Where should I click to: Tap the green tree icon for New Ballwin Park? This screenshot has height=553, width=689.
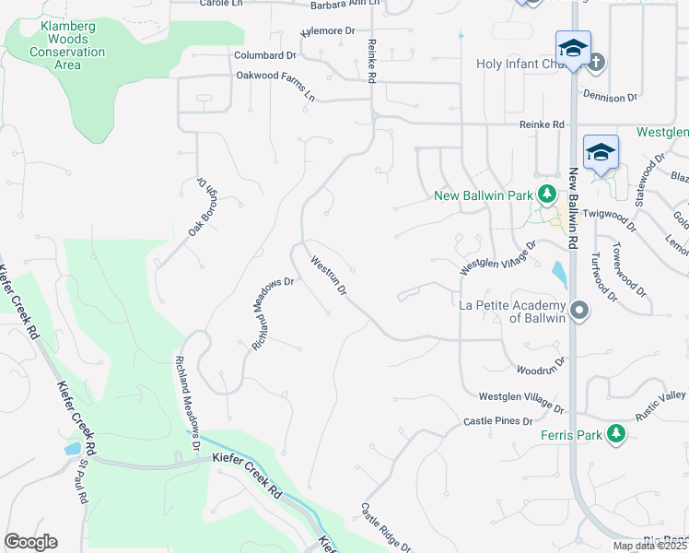tap(548, 194)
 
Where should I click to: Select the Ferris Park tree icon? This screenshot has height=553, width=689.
tap(616, 435)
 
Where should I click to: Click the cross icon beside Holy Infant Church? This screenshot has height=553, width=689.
tap(596, 64)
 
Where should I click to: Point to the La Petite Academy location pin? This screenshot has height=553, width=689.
tap(579, 311)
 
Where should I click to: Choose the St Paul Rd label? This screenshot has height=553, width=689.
tap(82, 482)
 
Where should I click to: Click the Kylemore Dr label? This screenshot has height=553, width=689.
tap(327, 31)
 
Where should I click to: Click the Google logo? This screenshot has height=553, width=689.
tap(30, 542)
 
